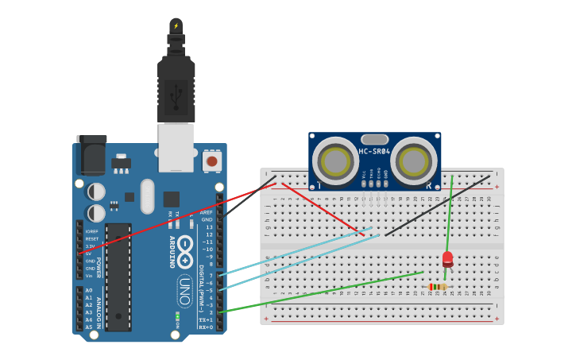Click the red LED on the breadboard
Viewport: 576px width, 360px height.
coord(447,258)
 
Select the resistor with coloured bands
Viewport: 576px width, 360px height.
coord(437,287)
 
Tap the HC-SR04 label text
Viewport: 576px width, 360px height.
coord(374,151)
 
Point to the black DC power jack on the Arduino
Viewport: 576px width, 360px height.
coord(91,155)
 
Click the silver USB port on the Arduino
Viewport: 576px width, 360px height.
coord(176,147)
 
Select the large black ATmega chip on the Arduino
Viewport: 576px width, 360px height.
coord(118,277)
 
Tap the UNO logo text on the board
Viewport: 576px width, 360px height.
coord(184,290)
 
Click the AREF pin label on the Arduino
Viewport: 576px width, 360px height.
coord(207,212)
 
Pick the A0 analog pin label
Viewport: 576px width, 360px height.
coord(89,290)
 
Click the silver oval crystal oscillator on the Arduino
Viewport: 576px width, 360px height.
coord(147,196)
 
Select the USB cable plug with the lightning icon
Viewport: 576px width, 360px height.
coord(176,26)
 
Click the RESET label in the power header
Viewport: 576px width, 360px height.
coord(92,238)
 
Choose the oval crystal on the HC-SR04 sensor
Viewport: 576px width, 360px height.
coord(374,139)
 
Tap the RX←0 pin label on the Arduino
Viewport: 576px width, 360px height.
coord(207,327)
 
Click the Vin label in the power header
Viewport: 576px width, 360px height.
coord(91,276)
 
